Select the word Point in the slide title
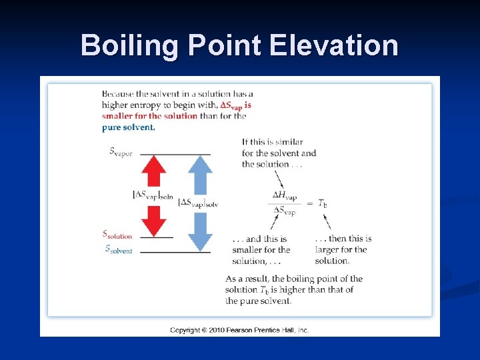click(x=225, y=45)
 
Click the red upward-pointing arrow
click(x=154, y=171)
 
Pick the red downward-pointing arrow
click(x=154, y=221)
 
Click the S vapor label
click(x=121, y=152)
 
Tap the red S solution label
click(x=117, y=235)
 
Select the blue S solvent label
click(x=119, y=249)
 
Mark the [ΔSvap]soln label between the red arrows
click(x=153, y=195)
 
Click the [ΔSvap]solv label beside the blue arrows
click(x=198, y=202)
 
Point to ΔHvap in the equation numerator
click(x=285, y=195)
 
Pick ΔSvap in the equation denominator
click(x=285, y=211)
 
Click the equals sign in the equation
click(x=309, y=203)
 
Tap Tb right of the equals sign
click(x=322, y=203)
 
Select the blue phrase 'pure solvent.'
click(x=129, y=127)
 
